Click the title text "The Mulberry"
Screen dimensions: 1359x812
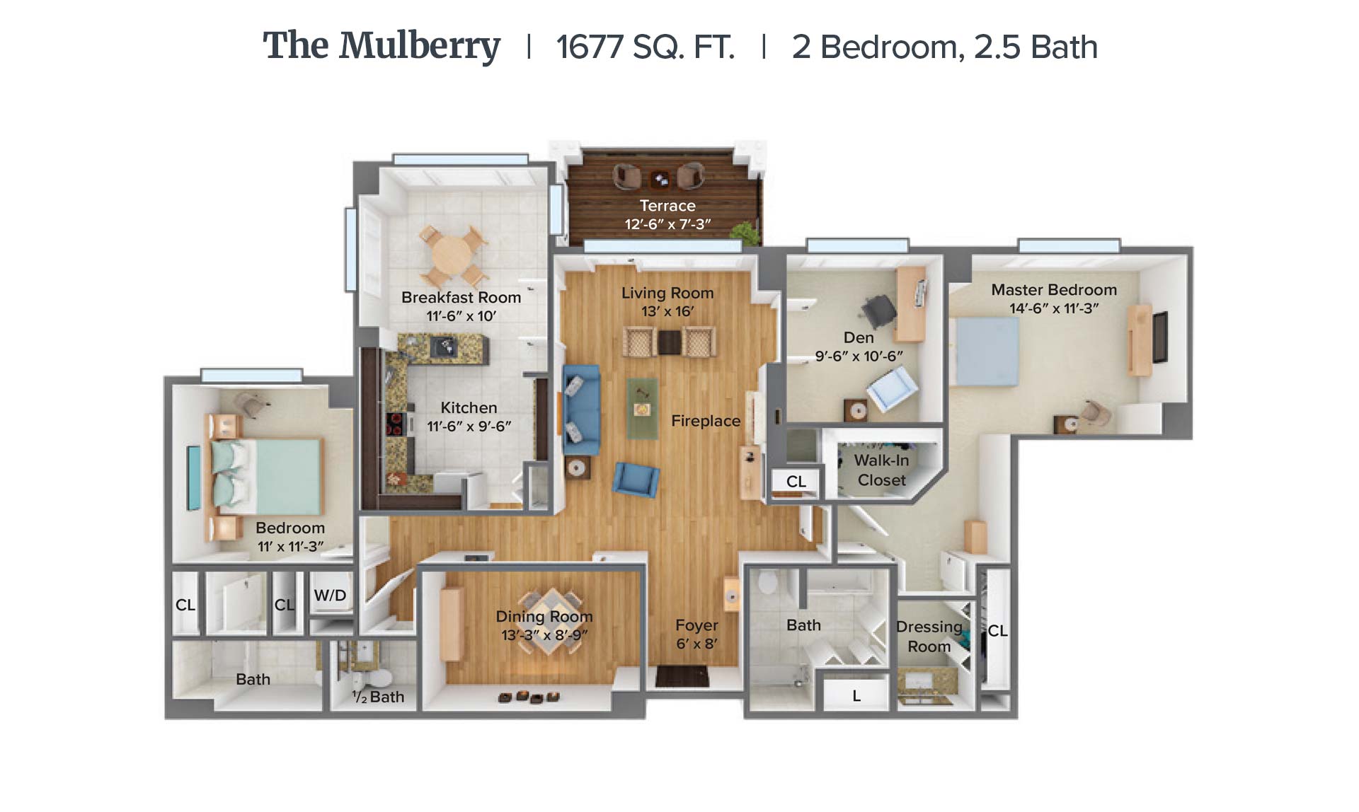pos(382,47)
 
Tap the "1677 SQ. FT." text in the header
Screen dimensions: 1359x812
pos(645,47)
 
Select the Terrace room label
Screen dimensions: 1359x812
pos(667,206)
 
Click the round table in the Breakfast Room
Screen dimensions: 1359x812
pos(452,254)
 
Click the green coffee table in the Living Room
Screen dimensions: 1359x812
pos(643,409)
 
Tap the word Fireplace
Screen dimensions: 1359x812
pos(706,421)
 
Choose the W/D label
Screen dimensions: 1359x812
pos(330,596)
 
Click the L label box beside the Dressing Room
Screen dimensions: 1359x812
pos(856,696)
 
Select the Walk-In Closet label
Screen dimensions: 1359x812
pos(881,470)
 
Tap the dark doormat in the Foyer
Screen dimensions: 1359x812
pos(682,676)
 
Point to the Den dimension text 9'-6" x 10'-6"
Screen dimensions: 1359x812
pos(859,356)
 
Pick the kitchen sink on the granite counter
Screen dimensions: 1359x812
pos(444,346)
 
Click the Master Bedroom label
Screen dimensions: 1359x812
pos(1054,290)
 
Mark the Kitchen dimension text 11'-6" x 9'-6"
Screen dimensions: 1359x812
pos(469,427)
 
